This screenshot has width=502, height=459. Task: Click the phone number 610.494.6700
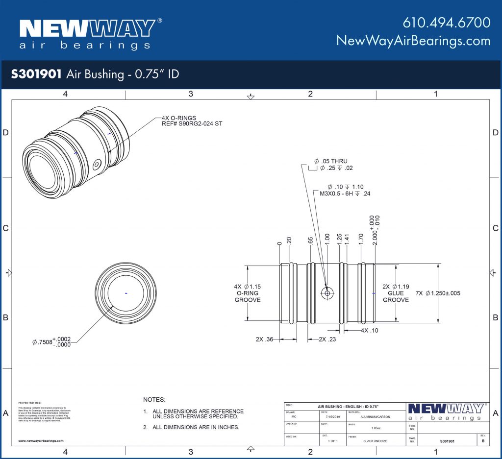(446, 23)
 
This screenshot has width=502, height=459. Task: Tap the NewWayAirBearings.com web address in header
(413, 41)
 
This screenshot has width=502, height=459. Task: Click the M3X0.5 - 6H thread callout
(345, 194)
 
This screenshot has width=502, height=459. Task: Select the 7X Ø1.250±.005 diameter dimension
(438, 293)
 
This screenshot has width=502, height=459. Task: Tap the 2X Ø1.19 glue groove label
(396, 293)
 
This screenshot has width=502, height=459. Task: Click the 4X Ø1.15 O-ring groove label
(248, 293)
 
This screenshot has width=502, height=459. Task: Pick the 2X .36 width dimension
(265, 339)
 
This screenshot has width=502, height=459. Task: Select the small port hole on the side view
(326, 293)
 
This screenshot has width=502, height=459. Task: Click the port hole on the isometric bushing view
(97, 165)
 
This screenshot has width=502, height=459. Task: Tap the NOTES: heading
(154, 400)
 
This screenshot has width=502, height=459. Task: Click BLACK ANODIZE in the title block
(376, 441)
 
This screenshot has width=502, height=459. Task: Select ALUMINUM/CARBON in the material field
(376, 418)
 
